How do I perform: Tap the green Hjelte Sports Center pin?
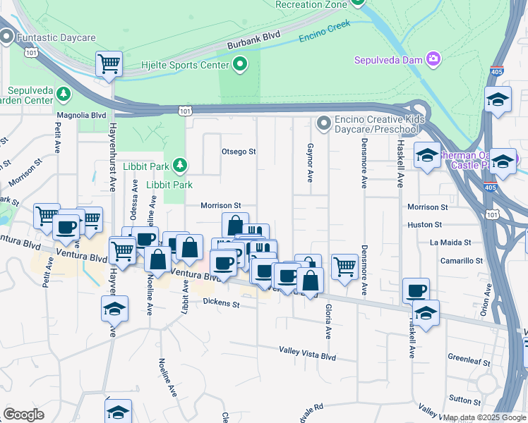240,65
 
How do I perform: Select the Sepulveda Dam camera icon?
433,59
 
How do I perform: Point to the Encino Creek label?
324,32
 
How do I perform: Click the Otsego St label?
238,152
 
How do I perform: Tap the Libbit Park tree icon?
181,165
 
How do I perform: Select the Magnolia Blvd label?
81,115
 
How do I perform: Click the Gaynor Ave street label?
310,165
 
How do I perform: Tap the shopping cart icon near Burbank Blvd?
109,63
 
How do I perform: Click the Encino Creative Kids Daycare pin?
324,124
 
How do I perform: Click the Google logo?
23,415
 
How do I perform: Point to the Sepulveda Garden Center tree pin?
64,93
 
